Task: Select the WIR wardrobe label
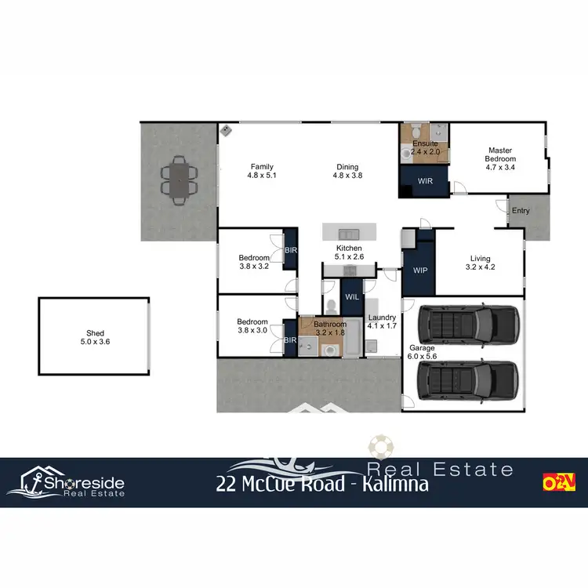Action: tap(425, 181)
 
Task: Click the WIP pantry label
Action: tap(420, 270)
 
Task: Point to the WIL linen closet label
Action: tap(350, 296)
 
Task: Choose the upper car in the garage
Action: tap(468, 322)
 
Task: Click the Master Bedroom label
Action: tap(500, 154)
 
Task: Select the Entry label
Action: tap(521, 211)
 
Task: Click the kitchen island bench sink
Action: tap(348, 234)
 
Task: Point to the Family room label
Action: tap(262, 166)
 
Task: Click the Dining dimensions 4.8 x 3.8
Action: tap(347, 176)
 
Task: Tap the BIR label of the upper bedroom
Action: tap(291, 249)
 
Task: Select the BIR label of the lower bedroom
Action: tap(289, 339)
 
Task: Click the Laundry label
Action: tap(382, 317)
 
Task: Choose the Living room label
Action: tap(481, 259)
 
